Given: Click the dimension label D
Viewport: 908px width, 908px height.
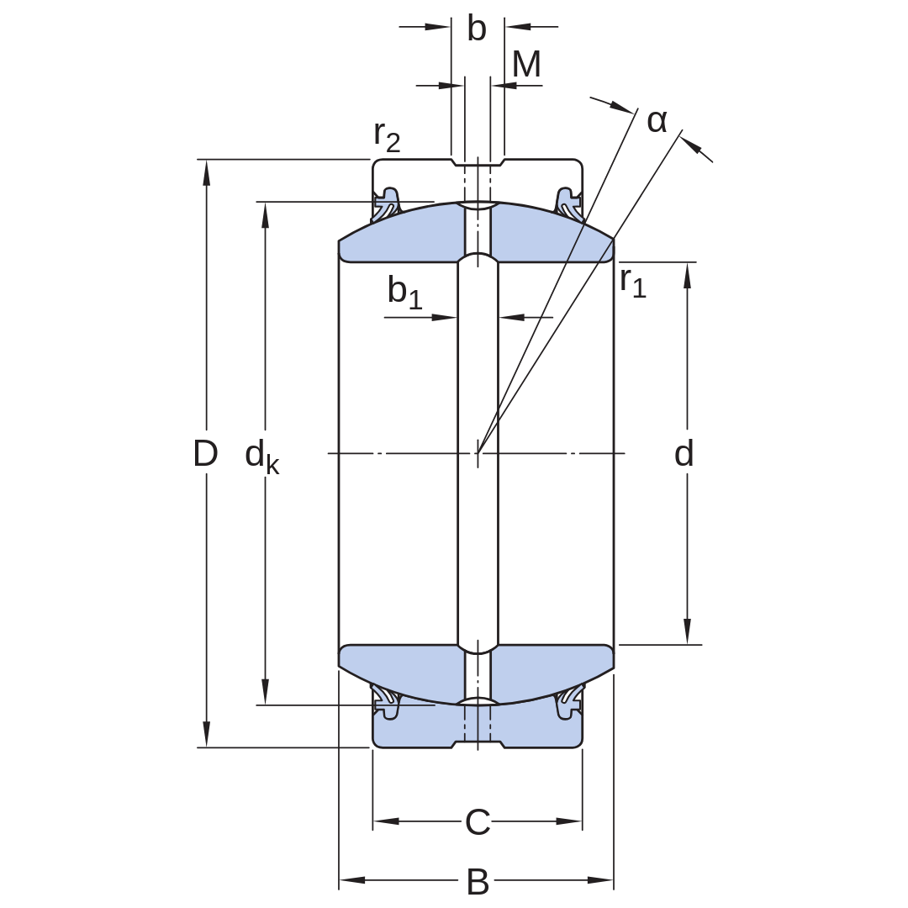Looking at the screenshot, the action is (205, 453).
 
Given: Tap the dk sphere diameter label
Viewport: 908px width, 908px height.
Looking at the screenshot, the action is (262, 457).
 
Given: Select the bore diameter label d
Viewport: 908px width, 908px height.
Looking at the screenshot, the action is (684, 453).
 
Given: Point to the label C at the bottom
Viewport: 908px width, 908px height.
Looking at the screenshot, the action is (478, 821).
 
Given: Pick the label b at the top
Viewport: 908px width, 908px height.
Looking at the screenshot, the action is (477, 29).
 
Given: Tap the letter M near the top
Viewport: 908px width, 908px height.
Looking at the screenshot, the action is (526, 64).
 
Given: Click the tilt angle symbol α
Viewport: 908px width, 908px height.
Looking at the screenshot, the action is (657, 122).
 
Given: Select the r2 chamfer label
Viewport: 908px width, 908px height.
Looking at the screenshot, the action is (387, 137).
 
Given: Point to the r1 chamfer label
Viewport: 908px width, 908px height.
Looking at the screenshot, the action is (633, 282).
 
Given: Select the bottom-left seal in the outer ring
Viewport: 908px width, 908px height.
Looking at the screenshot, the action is (387, 702).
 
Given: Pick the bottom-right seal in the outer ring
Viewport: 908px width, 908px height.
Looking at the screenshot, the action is (569, 702).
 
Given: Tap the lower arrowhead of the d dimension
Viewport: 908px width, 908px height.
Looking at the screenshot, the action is (688, 631).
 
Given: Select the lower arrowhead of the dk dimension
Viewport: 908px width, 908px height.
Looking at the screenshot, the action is (265, 692).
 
